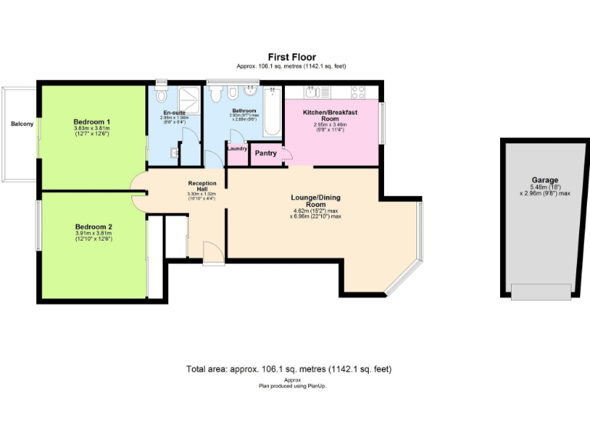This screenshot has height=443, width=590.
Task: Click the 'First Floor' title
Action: pos(295,57)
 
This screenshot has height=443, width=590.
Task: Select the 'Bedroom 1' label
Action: pos(92,122)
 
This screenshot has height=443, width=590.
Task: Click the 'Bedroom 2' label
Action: pos(94,227)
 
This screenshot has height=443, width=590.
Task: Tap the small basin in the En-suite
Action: pos(176,151)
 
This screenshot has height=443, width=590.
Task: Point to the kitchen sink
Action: pos(315,93)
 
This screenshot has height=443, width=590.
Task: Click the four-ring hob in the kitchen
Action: pos(358,93)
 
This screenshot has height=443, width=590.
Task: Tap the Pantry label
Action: pos(266,153)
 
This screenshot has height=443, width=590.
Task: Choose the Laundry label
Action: pos(237,148)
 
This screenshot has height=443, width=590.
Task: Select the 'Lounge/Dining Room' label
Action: pos(315,201)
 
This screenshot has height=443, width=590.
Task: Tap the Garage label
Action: pos(545,181)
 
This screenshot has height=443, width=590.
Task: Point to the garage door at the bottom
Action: pos(541,291)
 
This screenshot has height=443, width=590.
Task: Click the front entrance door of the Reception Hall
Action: pos(214,254)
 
